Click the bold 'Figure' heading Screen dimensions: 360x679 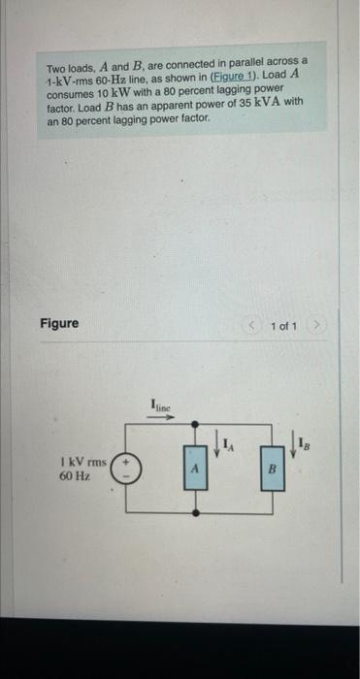pyautogui.click(x=59, y=322)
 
